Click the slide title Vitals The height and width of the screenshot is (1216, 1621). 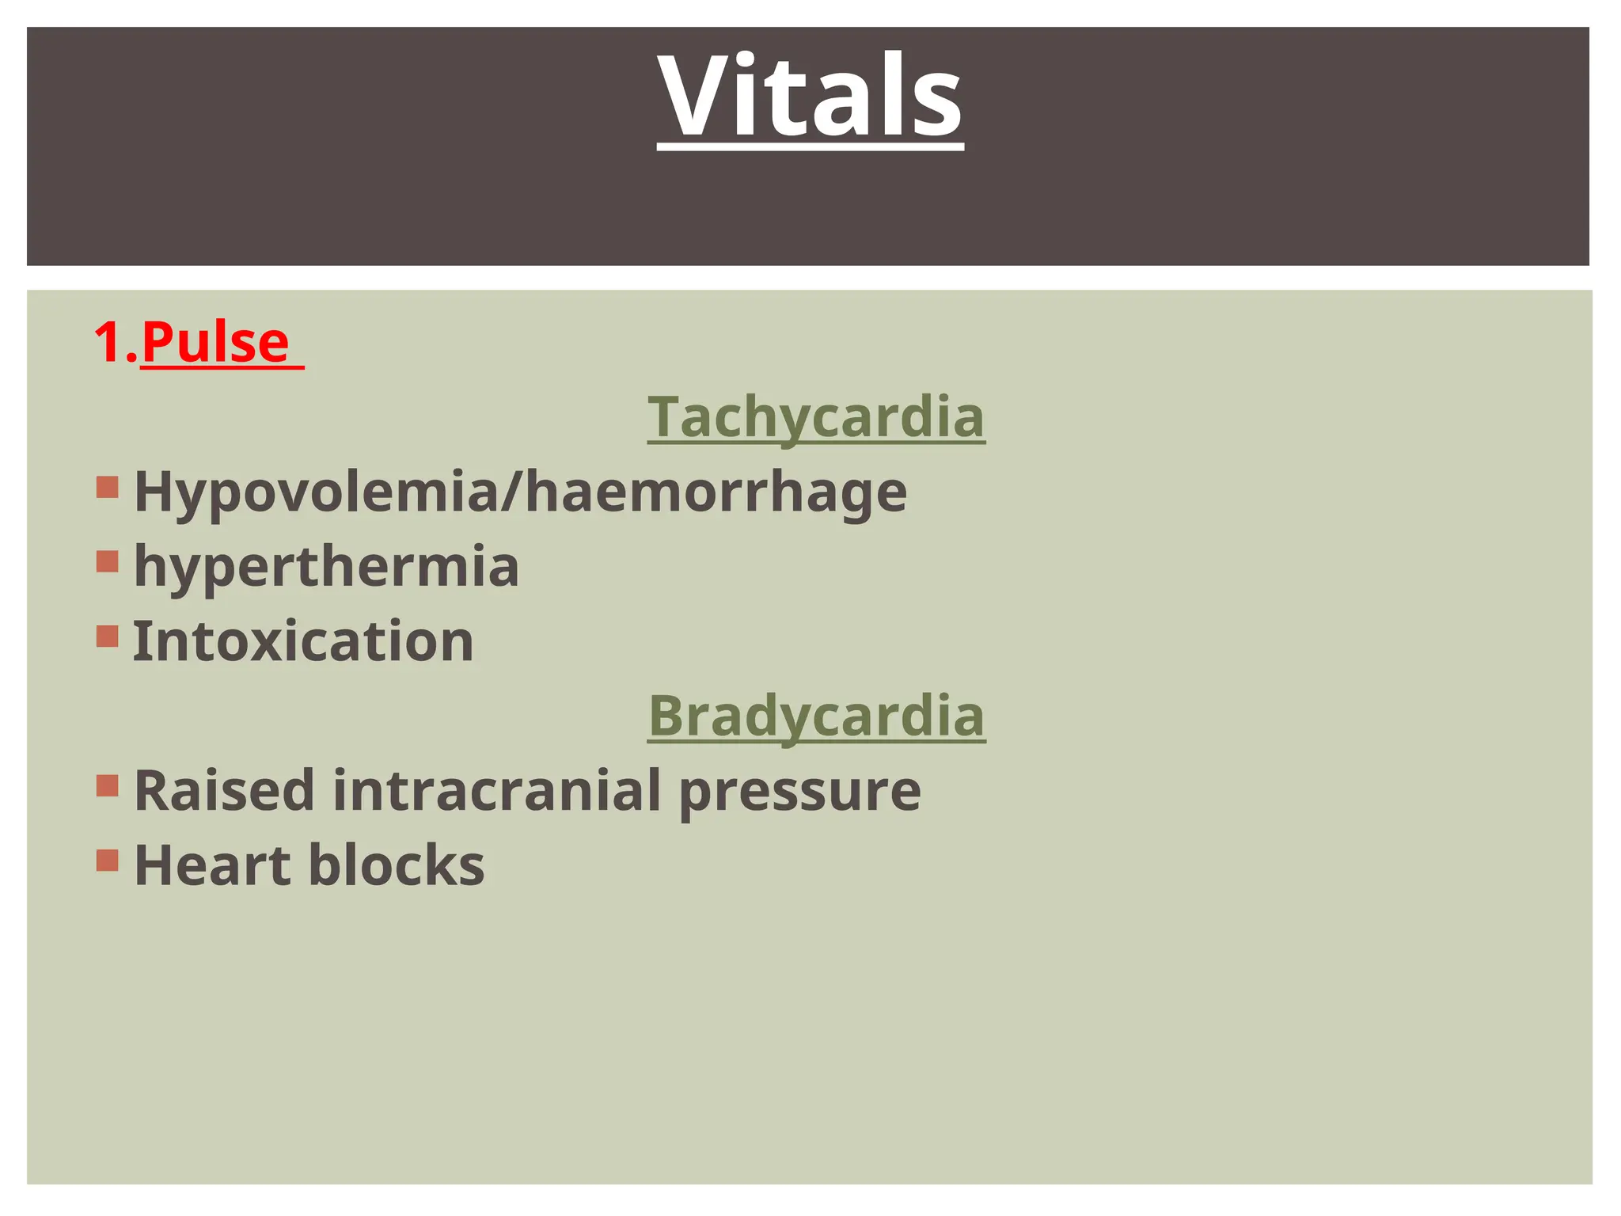click(810, 97)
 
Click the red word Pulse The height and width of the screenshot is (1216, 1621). click(215, 342)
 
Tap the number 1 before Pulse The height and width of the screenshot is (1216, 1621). click(108, 342)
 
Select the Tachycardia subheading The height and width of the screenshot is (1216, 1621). click(816, 416)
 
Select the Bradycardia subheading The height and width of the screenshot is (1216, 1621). click(816, 715)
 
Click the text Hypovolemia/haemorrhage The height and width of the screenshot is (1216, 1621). click(520, 492)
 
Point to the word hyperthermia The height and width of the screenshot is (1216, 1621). click(326, 567)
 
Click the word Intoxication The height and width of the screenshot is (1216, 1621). click(303, 640)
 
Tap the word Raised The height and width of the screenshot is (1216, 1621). click(224, 790)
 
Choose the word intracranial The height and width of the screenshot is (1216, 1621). click(496, 790)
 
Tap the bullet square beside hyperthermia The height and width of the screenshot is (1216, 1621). click(108, 561)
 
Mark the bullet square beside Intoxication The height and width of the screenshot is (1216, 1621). click(108, 636)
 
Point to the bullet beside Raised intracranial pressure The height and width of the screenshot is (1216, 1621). click(108, 785)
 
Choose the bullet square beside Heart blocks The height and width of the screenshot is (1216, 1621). click(108, 860)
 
